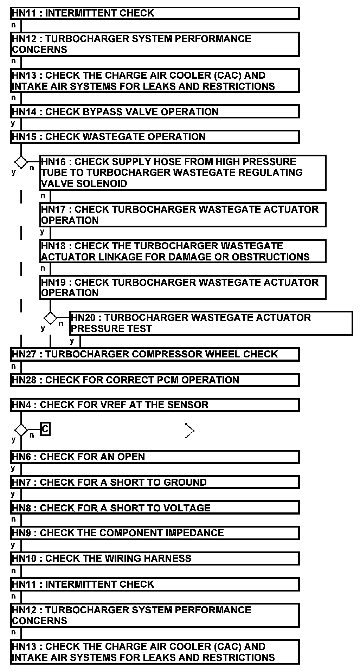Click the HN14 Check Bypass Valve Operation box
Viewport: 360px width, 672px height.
(155, 112)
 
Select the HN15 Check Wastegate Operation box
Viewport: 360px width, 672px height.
(155, 137)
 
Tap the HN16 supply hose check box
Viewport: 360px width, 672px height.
(183, 173)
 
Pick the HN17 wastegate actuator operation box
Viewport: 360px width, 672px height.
(183, 215)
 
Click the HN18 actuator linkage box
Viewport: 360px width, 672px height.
(183, 251)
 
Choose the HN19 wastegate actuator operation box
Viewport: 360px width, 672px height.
(183, 287)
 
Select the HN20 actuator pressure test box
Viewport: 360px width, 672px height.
(211, 323)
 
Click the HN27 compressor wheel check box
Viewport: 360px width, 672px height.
(155, 354)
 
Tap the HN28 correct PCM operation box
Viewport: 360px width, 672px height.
(155, 380)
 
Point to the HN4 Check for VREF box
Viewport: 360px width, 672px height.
(155, 405)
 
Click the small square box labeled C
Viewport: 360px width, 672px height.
(45, 429)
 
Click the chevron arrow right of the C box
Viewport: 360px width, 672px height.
(189, 431)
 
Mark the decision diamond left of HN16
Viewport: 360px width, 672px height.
(21, 162)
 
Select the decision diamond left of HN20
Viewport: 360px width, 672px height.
(50, 318)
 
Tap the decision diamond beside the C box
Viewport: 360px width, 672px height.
(21, 430)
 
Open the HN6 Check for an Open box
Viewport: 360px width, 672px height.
(155, 457)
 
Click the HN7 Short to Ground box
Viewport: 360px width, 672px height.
(155, 482)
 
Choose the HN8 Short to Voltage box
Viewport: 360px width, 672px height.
(155, 508)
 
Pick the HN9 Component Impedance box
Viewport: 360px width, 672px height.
(155, 533)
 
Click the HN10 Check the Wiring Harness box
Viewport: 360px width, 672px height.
(155, 558)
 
